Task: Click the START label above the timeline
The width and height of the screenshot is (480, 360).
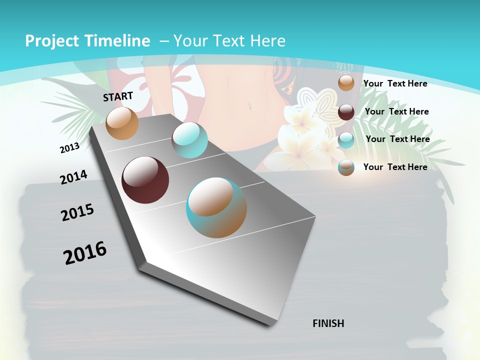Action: (x=118, y=96)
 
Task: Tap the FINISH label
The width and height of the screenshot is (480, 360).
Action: (x=328, y=323)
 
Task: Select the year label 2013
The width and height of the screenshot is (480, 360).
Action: (x=69, y=148)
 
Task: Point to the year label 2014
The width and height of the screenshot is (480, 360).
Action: (x=73, y=177)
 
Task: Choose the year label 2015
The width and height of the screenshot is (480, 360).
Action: (x=77, y=212)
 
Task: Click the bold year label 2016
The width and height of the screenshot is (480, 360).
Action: (x=85, y=253)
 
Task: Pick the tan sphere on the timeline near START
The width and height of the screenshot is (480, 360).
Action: (x=122, y=123)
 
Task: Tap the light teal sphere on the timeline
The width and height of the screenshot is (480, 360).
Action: (x=189, y=140)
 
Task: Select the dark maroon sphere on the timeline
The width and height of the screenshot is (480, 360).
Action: (x=145, y=180)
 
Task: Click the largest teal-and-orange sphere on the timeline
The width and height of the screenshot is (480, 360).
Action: (x=216, y=207)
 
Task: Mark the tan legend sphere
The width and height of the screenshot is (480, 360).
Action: (x=346, y=83)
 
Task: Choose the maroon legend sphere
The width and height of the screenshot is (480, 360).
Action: (x=346, y=112)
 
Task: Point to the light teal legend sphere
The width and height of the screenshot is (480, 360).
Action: (x=346, y=140)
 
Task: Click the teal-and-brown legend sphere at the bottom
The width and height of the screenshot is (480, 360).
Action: (x=346, y=167)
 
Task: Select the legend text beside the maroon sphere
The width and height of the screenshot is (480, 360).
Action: (x=396, y=111)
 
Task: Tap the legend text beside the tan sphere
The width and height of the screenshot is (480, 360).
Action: (x=395, y=83)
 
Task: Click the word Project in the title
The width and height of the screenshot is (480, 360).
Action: (x=50, y=41)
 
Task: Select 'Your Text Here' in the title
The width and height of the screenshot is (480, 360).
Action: (x=229, y=41)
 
